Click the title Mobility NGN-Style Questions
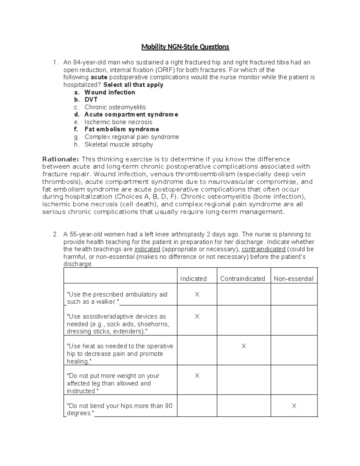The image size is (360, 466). pyautogui.click(x=185, y=47)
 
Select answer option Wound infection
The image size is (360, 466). pyautogui.click(x=109, y=92)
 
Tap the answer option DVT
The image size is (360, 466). pyautogui.click(x=91, y=100)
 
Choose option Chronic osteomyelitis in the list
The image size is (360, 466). pyautogui.click(x=115, y=107)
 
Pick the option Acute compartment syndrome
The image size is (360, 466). pyautogui.click(x=131, y=115)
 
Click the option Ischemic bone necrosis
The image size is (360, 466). pyautogui.click(x=118, y=122)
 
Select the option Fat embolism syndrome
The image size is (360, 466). pyautogui.click(x=121, y=129)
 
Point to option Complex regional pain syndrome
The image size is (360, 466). pyautogui.click(x=132, y=137)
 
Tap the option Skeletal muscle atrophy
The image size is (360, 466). pyautogui.click(x=118, y=144)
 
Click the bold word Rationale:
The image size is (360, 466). pyautogui.click(x=61, y=159)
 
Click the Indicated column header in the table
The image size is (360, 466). pyautogui.click(x=193, y=279)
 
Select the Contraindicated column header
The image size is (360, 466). pyautogui.click(x=242, y=279)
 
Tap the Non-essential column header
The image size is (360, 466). pyautogui.click(x=293, y=279)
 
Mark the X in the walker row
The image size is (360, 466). pyautogui.click(x=197, y=294)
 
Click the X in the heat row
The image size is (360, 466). pyautogui.click(x=244, y=346)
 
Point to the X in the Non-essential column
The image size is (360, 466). pyautogui.click(x=294, y=406)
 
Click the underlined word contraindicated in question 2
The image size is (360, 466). pyautogui.click(x=263, y=249)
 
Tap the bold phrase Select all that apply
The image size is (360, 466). pyautogui.click(x=133, y=85)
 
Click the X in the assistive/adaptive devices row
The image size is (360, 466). pyautogui.click(x=197, y=317)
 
